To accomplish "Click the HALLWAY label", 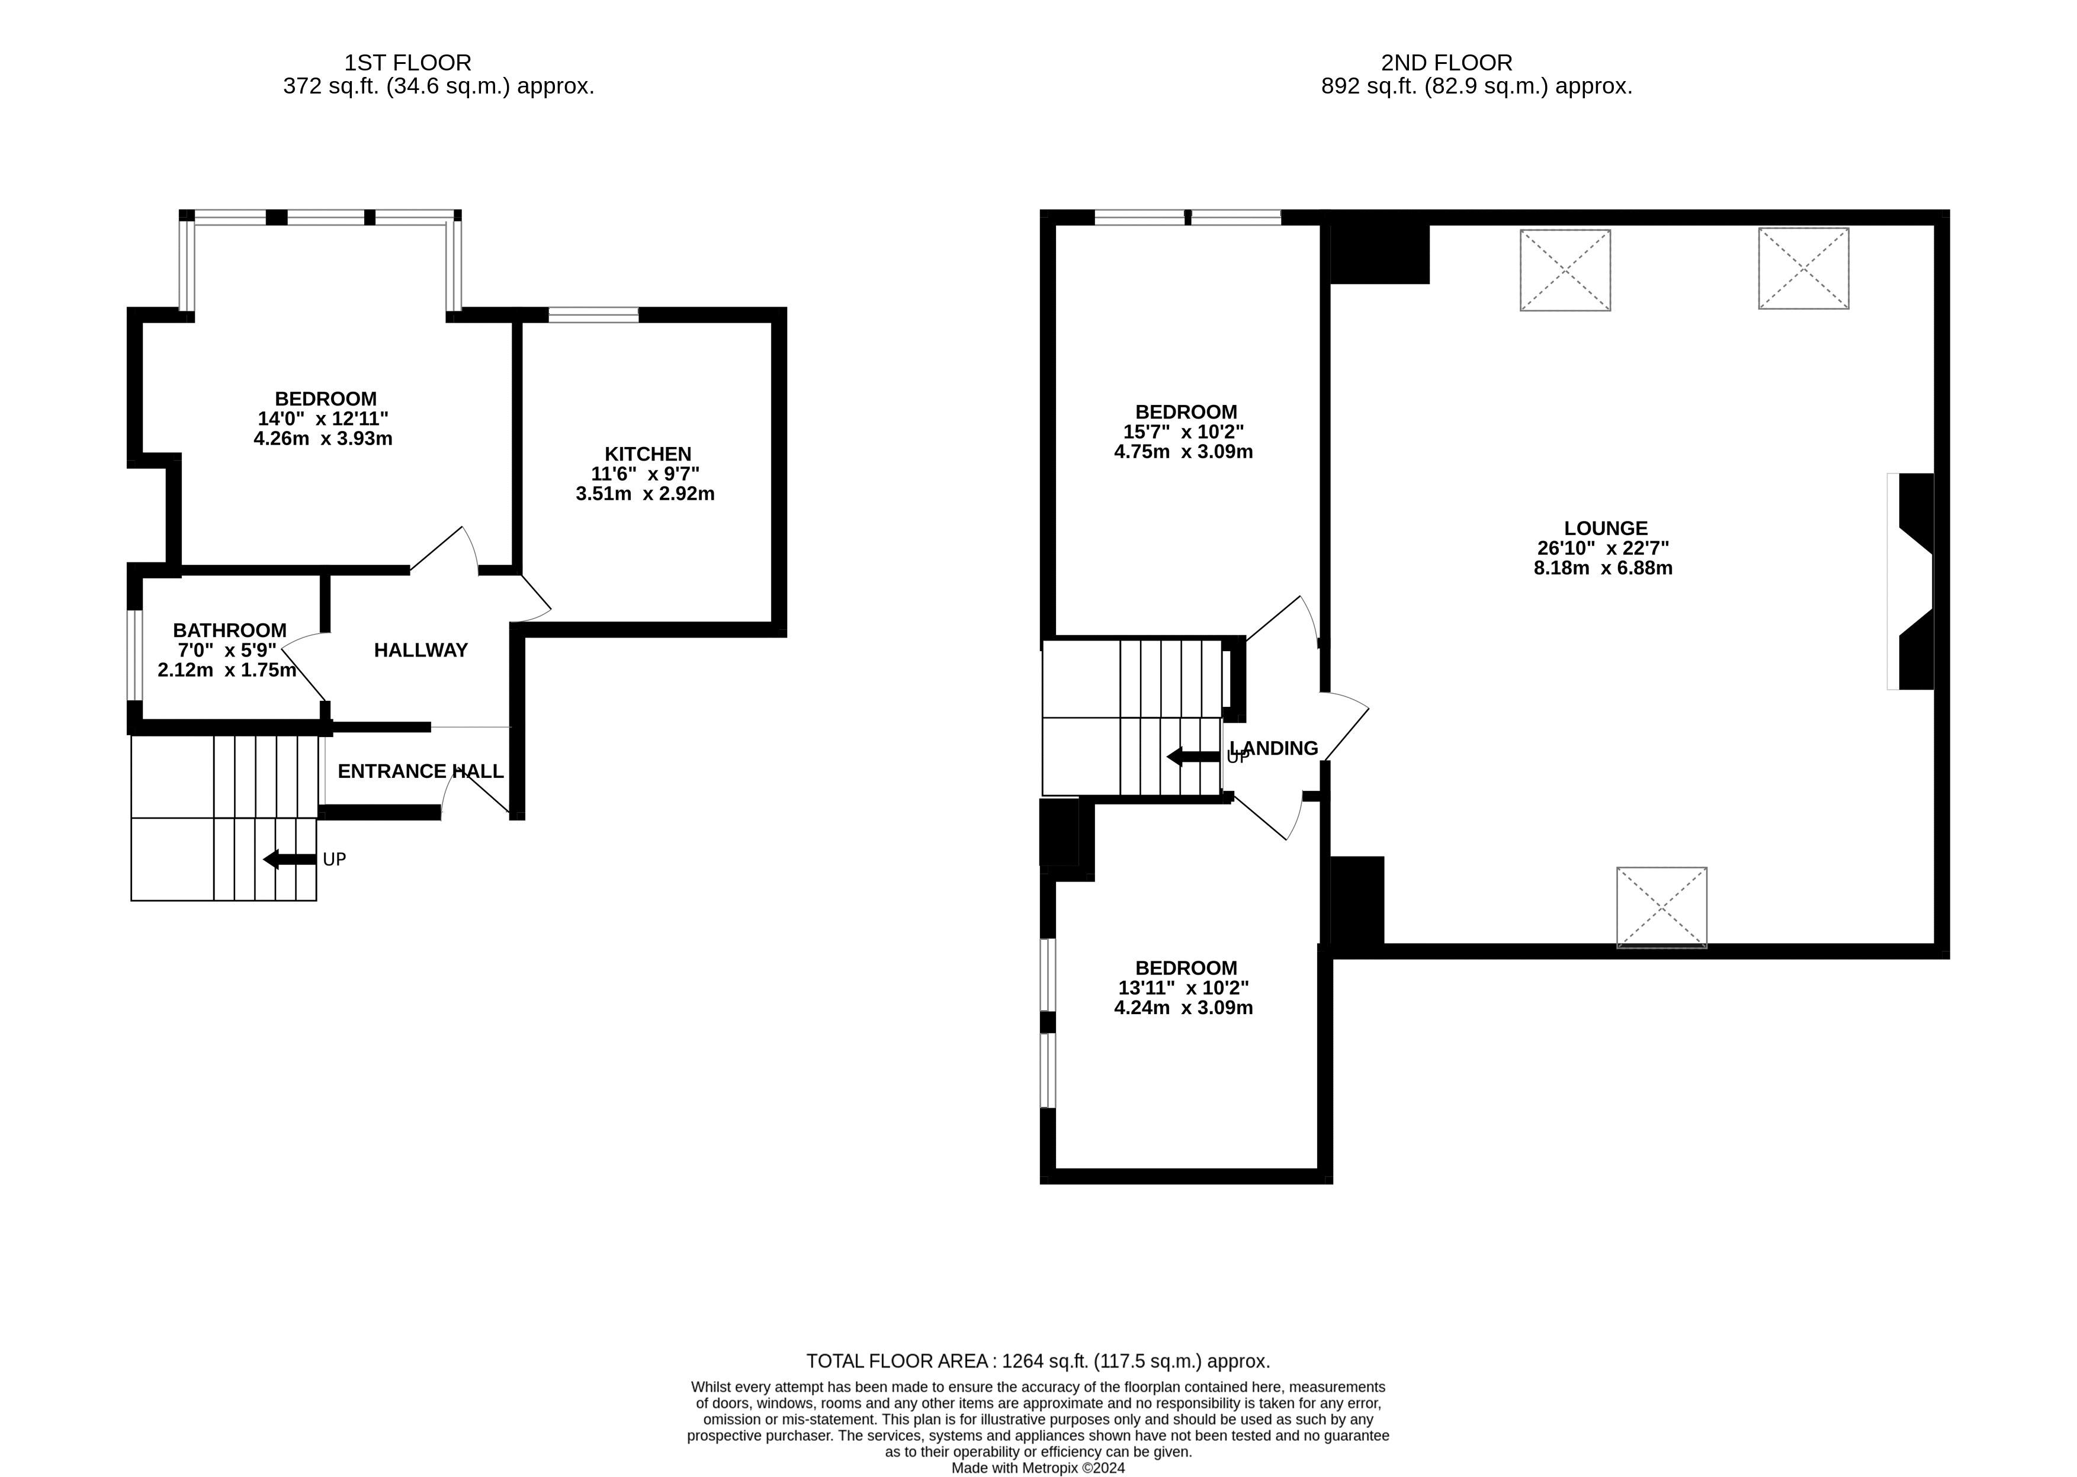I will click(x=420, y=650).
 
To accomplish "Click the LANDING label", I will click(x=1274, y=748).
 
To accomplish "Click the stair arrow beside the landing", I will click(x=1193, y=757).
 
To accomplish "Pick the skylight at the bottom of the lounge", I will click(x=1661, y=907).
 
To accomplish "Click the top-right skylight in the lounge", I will click(x=1803, y=268).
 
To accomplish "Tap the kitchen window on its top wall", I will click(x=593, y=315).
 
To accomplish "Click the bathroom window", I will click(x=134, y=655).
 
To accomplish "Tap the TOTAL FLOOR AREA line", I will click(x=1037, y=1362).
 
